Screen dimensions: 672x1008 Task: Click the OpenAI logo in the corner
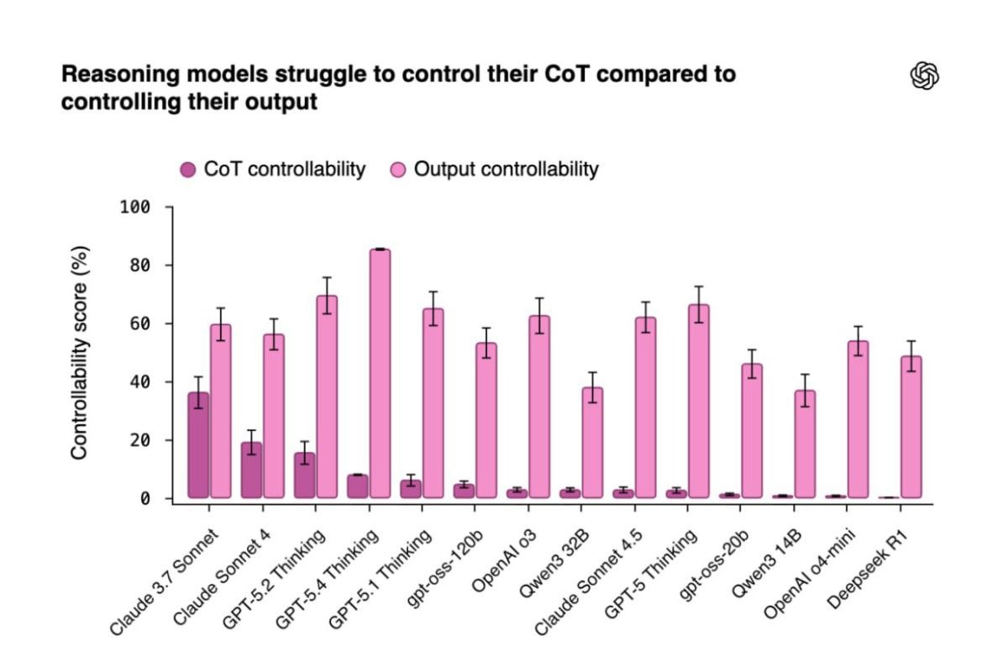pos(925,76)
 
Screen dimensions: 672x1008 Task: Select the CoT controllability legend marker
pos(188,170)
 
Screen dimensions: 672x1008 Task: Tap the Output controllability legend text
pos(506,169)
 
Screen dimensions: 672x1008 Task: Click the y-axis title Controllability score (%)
pos(80,353)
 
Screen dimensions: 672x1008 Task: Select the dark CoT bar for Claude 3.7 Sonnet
pos(198,445)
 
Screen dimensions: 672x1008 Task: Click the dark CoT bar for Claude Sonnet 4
pos(251,470)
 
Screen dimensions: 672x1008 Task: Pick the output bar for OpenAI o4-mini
pos(858,419)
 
